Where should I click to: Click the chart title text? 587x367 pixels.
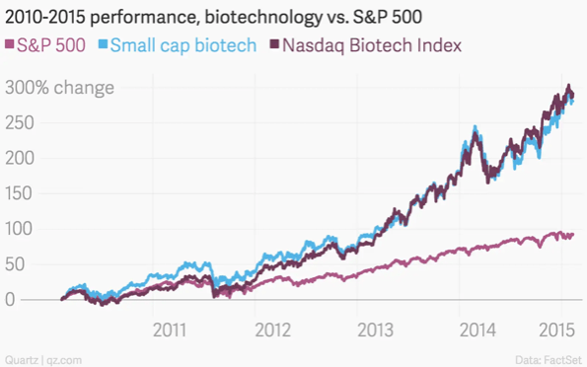click(237, 15)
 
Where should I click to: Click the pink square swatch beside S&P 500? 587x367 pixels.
click(9, 45)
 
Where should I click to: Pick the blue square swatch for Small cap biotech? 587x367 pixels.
click(103, 45)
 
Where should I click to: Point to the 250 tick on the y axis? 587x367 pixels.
click(20, 123)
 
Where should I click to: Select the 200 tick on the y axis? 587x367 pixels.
click(20, 158)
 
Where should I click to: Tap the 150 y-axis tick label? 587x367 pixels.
click(20, 193)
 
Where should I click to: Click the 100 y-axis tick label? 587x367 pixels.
click(20, 229)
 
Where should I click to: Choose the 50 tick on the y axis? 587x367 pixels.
click(15, 264)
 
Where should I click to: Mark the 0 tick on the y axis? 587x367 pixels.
click(9, 300)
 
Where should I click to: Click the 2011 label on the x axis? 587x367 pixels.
click(171, 327)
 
